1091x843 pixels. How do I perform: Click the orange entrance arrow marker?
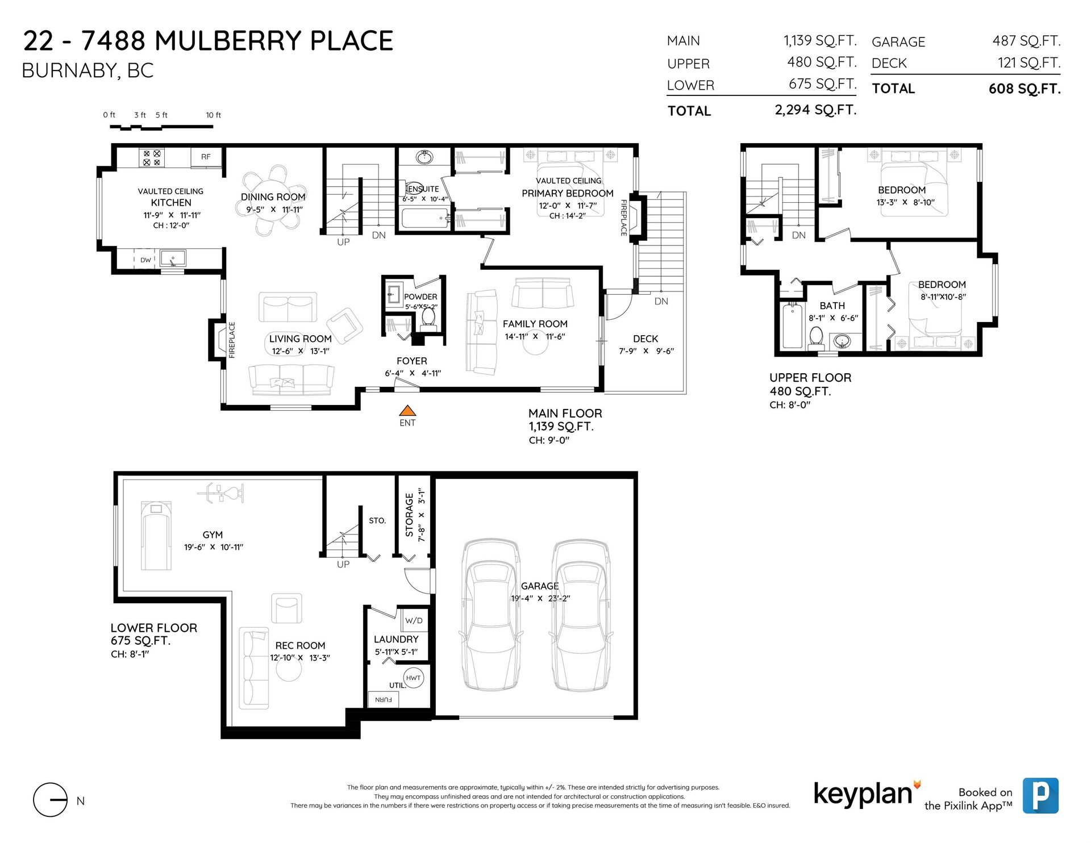(407, 411)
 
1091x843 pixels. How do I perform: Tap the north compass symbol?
(51, 800)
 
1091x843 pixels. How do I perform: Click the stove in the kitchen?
(152, 158)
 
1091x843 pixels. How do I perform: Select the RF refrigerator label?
(206, 157)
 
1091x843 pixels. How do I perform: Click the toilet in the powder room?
(428, 320)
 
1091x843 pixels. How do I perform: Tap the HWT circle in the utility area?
(414, 678)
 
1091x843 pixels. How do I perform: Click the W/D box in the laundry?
(414, 620)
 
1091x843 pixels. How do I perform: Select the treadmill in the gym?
(156, 536)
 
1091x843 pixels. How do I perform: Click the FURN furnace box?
(384, 700)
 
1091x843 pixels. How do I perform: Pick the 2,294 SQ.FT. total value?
(815, 110)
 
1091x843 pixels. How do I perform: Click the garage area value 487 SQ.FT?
(1026, 41)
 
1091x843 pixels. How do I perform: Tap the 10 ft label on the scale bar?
(214, 115)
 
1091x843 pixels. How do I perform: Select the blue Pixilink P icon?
(1040, 795)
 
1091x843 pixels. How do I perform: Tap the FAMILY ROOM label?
(535, 324)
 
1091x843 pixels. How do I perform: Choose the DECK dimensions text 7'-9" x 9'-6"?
(646, 351)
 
